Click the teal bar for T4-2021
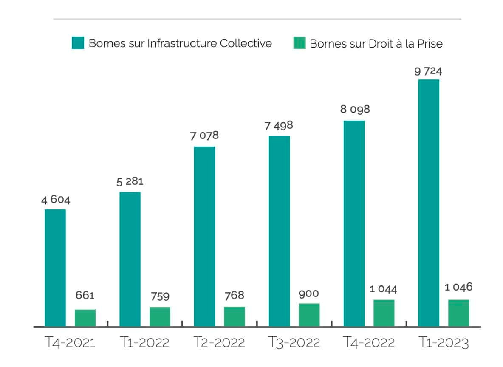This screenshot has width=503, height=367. click(x=55, y=268)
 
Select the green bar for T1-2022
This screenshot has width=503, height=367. click(x=160, y=316)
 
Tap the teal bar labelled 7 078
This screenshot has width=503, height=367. click(x=204, y=236)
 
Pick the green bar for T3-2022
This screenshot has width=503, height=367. click(x=309, y=315)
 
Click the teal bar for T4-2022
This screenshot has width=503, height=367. click(x=354, y=223)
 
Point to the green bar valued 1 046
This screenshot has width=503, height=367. click(x=458, y=313)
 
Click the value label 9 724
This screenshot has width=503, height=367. click(x=428, y=71)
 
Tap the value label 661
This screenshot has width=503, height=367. click(x=85, y=295)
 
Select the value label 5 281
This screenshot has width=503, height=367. click(x=130, y=182)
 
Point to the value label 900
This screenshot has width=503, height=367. click(x=309, y=294)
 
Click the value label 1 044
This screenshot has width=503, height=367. click(x=383, y=289)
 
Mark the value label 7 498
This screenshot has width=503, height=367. click(x=279, y=126)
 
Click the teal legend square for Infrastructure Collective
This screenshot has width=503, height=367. click(x=78, y=43)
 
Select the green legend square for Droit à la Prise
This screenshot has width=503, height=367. click(x=300, y=43)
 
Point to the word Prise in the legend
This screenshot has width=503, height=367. click(x=429, y=43)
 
